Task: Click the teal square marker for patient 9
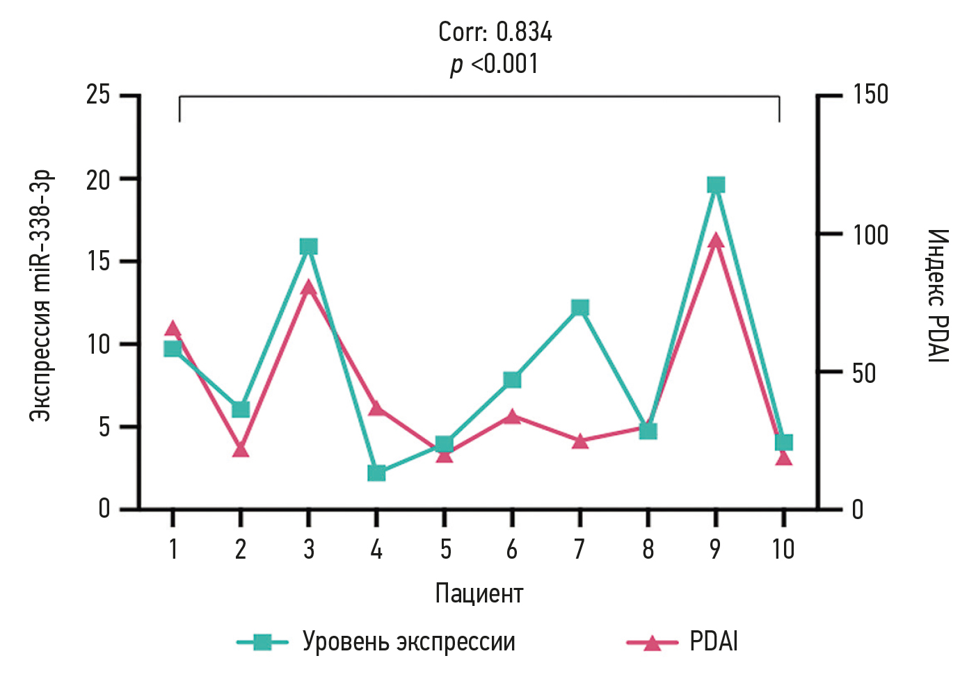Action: click(716, 185)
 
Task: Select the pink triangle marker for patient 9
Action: click(716, 241)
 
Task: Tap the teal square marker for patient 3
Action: click(309, 247)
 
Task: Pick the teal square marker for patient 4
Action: click(376, 473)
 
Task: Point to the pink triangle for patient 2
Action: click(241, 450)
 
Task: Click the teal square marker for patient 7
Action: click(580, 308)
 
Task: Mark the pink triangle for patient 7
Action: click(580, 441)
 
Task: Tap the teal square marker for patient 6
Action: click(512, 379)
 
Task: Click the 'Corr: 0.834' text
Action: click(495, 32)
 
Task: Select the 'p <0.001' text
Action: click(494, 64)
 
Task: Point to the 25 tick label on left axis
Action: click(98, 94)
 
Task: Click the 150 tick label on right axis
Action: click(870, 94)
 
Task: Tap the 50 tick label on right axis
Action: click(864, 373)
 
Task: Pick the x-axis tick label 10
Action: click(783, 550)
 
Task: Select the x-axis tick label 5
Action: click(445, 550)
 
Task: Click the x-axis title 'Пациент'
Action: click(479, 593)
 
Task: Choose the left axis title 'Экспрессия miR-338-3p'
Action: click(40, 295)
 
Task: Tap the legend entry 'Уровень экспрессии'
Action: click(408, 641)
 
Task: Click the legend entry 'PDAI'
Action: click(713, 641)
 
